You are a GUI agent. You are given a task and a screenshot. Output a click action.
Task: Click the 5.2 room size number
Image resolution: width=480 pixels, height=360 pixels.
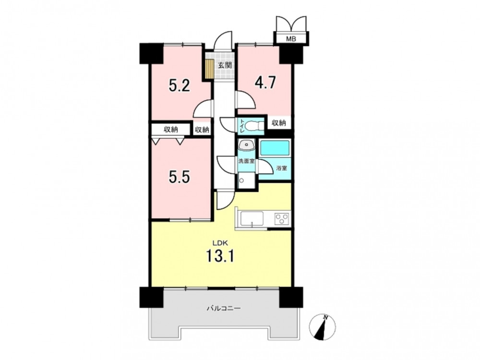click(x=180, y=85)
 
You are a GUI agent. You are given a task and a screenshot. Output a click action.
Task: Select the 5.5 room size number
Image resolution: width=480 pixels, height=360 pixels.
click(x=180, y=177)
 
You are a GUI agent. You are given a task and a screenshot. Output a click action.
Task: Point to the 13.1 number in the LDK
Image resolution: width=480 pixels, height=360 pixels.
click(x=220, y=255)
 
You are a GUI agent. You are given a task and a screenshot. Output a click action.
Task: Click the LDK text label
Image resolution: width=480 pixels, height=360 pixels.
click(x=220, y=243)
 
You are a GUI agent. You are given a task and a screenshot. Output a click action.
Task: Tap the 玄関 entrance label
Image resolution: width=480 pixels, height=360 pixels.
click(x=225, y=65)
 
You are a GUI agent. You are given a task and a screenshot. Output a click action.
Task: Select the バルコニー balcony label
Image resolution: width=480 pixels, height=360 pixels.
click(x=224, y=308)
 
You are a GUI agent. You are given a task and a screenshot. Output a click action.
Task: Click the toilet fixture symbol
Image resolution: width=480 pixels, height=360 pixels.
click(x=254, y=126)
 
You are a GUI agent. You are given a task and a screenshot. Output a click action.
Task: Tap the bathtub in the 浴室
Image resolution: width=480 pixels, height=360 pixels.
click(x=275, y=149)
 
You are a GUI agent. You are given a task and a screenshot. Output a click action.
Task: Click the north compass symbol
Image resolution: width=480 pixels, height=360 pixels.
click(x=323, y=326)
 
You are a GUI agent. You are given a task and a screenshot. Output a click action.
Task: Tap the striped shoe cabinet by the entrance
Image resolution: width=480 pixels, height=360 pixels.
click(x=209, y=69)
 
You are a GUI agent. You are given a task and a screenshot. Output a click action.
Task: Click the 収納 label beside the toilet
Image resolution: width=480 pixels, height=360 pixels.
click(x=278, y=123)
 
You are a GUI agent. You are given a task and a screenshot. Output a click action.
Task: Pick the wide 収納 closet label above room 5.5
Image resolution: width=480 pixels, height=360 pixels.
click(x=171, y=130)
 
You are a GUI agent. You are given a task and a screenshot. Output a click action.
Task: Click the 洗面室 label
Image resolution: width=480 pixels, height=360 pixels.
click(x=246, y=161)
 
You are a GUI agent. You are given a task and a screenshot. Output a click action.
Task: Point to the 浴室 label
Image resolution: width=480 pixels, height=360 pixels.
click(x=282, y=168)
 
